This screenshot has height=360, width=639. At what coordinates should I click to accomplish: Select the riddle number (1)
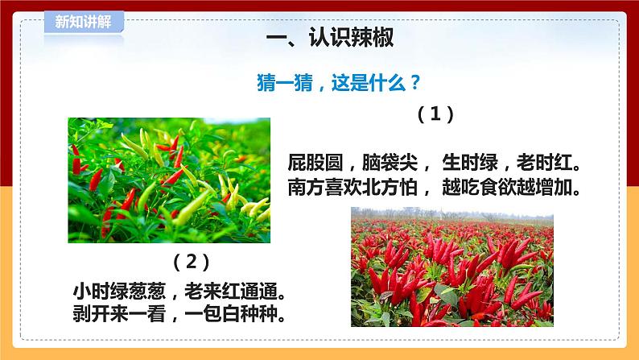pyautogui.click(x=436, y=114)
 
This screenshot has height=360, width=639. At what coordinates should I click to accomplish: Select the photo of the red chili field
pyautogui.click(x=451, y=270)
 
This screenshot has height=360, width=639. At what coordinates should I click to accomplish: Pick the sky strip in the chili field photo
pyautogui.click(x=451, y=211)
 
